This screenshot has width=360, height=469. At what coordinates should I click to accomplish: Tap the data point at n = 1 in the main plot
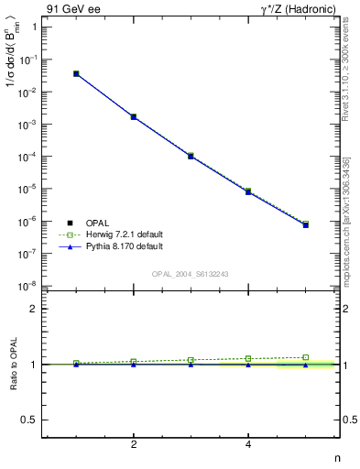[x=76, y=73]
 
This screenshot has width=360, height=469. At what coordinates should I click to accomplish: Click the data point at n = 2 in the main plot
[x=134, y=117]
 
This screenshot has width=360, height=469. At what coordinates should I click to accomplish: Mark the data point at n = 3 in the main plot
[x=191, y=156]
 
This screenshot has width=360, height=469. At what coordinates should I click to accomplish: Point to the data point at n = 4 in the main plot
[x=248, y=191]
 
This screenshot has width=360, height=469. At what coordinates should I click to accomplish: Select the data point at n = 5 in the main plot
[x=306, y=224]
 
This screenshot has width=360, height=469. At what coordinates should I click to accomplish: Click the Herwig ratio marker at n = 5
[x=306, y=357]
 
